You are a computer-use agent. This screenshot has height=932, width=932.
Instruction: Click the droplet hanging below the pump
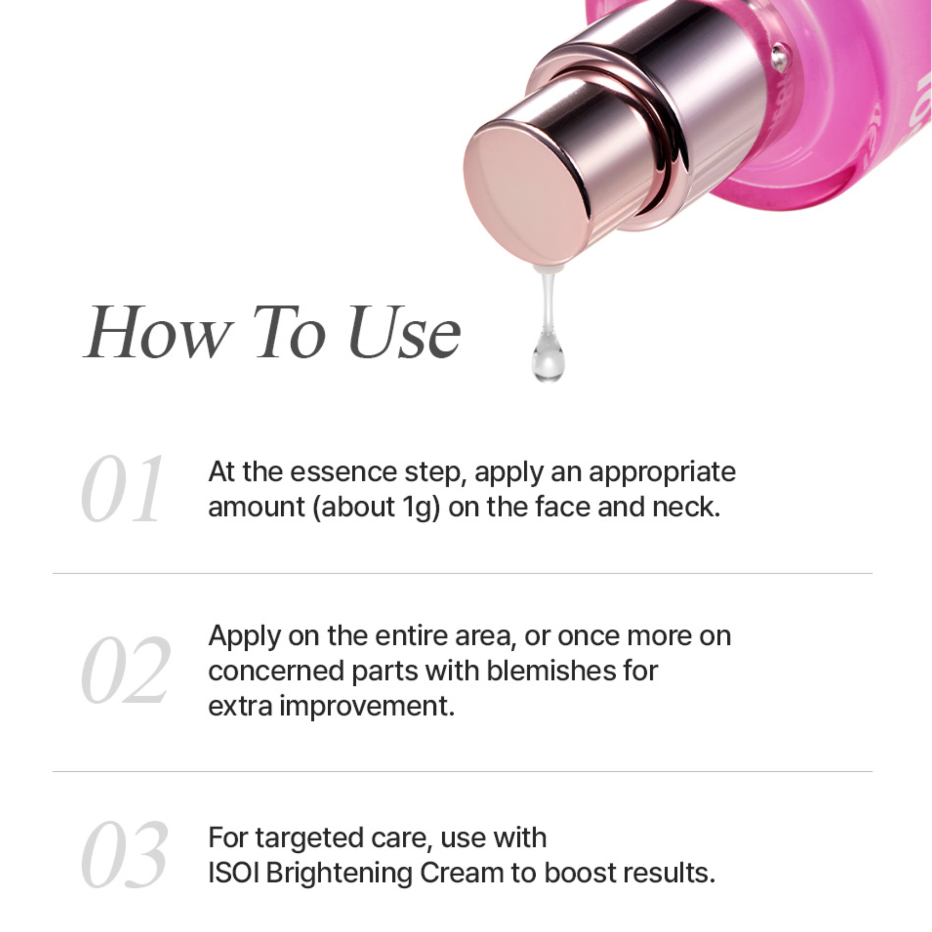pyautogui.click(x=548, y=355)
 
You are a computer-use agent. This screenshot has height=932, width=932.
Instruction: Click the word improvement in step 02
pyautogui.click(x=367, y=707)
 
